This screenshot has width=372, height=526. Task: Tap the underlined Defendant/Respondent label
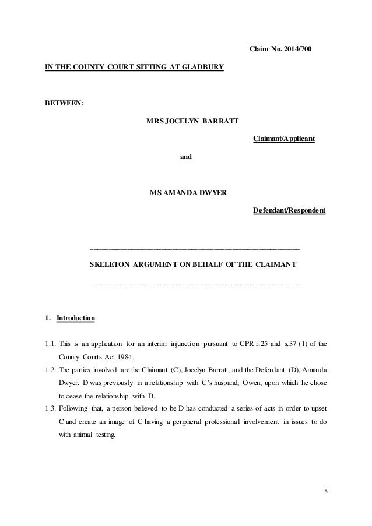289,210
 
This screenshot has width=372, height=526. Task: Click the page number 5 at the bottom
326,491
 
